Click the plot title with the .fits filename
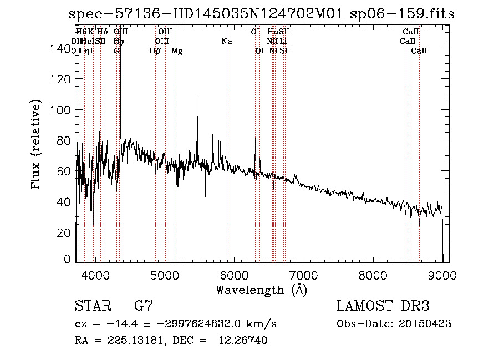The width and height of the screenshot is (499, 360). pyautogui.click(x=261, y=14)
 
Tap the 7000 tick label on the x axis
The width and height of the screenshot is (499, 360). pyautogui.click(x=303, y=275)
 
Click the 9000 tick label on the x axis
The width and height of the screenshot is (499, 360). pyautogui.click(x=442, y=275)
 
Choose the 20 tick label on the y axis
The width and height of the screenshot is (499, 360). pyautogui.click(x=63, y=232)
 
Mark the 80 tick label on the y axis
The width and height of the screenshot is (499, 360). pyautogui.click(x=63, y=141)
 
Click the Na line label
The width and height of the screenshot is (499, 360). pyautogui.click(x=226, y=41)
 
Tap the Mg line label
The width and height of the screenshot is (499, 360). pyautogui.click(x=177, y=51)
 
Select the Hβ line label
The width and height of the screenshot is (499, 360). pyautogui.click(x=155, y=51)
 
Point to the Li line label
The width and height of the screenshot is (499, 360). pyautogui.click(x=283, y=41)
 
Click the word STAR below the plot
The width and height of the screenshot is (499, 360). pyautogui.click(x=91, y=306)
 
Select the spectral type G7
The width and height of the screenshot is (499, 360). pyautogui.click(x=143, y=306)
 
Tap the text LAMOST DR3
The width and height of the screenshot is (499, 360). pyautogui.click(x=383, y=306)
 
